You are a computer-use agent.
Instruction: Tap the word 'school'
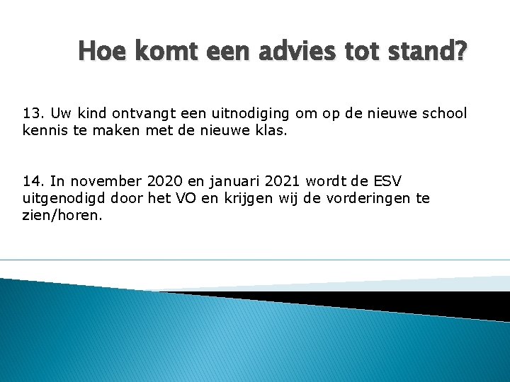pos(444,113)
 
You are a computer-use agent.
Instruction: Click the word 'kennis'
pos(45,131)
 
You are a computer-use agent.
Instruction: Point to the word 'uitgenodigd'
pos(62,199)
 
